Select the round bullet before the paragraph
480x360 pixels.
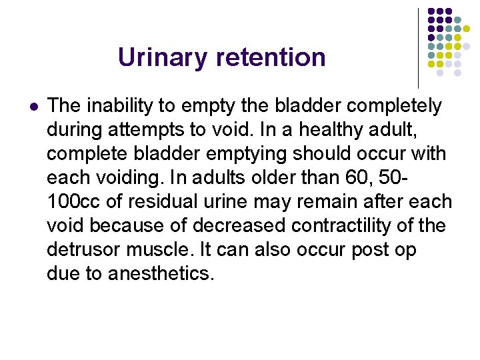[x=33, y=106]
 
